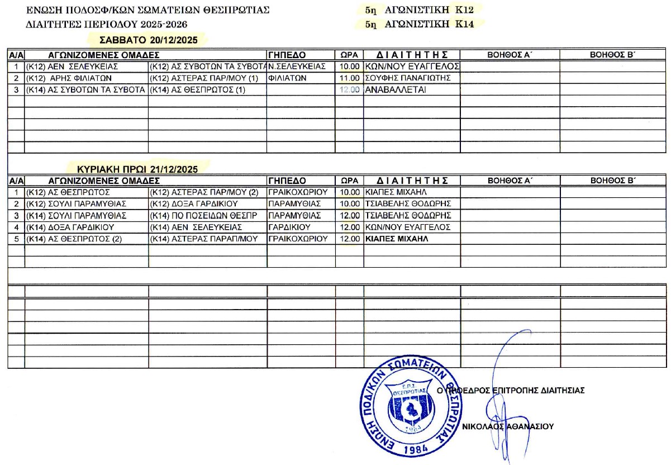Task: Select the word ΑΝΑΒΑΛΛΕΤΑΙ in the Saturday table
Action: pyautogui.click(x=395, y=89)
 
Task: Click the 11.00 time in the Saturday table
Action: pyautogui.click(x=350, y=78)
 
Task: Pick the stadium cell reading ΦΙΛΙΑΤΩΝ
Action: pyautogui.click(x=288, y=78)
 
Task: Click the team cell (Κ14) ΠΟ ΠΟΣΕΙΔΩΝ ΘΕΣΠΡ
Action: pyautogui.click(x=203, y=215)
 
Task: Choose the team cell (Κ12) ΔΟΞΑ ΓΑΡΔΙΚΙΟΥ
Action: pyautogui.click(x=195, y=203)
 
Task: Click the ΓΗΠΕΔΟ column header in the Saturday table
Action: pyautogui.click(x=287, y=55)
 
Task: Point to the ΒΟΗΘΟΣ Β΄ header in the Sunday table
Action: pyautogui.click(x=613, y=181)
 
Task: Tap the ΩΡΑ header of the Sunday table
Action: pyautogui.click(x=349, y=181)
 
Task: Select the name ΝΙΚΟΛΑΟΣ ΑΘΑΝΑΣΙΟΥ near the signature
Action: pyautogui.click(x=508, y=426)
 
